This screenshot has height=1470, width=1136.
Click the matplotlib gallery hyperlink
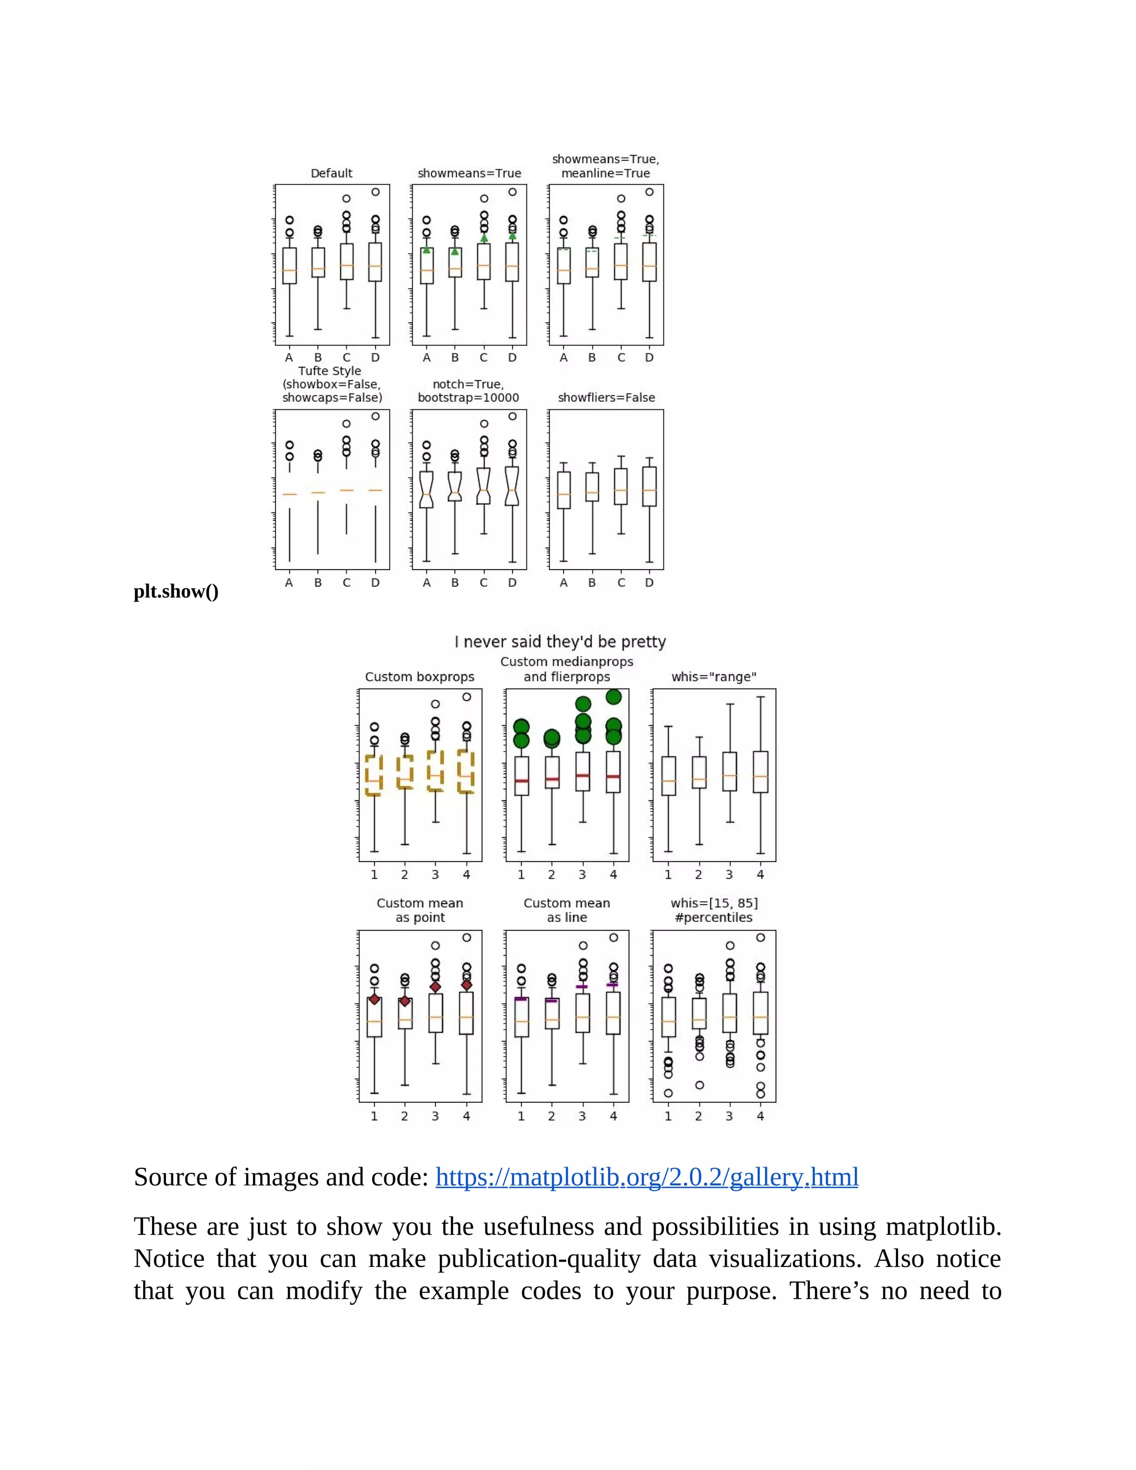click(646, 1177)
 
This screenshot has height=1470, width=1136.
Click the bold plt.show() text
click(176, 592)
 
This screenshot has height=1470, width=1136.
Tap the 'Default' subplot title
click(331, 173)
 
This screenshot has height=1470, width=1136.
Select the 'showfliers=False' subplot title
click(606, 398)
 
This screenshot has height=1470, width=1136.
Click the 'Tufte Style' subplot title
click(330, 371)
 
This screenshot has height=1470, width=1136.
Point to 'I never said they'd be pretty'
click(560, 641)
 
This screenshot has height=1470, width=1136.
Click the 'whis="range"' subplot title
click(713, 676)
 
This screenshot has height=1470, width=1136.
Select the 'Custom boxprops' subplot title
click(419, 676)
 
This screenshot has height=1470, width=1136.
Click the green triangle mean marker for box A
click(426, 250)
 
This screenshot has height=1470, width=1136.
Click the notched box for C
click(483, 486)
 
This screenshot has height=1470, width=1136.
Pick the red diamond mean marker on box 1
click(374, 1000)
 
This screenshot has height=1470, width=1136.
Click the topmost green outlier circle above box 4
click(613, 697)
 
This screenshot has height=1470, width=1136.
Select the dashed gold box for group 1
click(373, 775)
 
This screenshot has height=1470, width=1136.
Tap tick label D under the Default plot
click(375, 357)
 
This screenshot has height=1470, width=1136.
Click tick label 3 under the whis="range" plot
click(729, 874)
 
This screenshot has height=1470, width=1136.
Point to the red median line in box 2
click(551, 779)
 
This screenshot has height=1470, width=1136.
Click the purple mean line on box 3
click(582, 987)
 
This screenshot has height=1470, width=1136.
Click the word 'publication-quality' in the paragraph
click(539, 1259)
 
